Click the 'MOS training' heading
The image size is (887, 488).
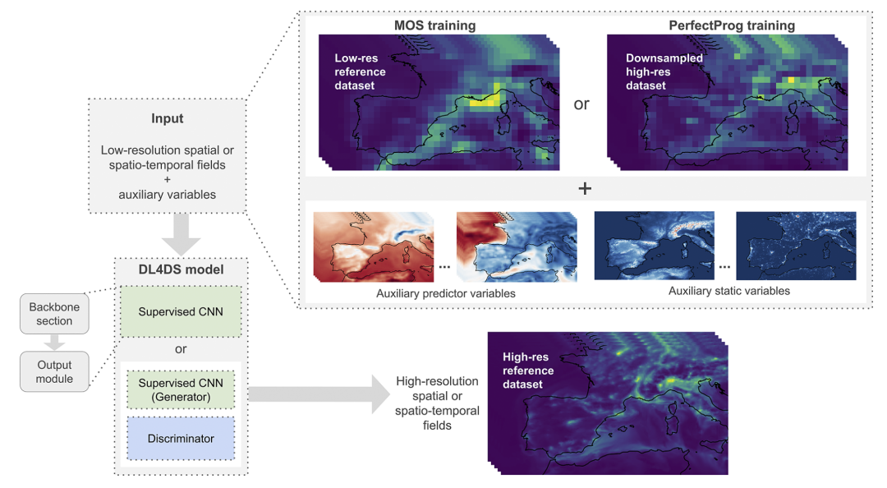coord(434,25)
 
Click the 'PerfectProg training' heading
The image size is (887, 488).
coord(732,25)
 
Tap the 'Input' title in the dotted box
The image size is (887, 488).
coord(167,119)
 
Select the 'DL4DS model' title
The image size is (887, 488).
coord(181,269)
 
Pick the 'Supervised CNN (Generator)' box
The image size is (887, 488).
coord(181,389)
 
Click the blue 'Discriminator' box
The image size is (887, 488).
coord(181,439)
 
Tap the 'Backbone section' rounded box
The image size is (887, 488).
coord(54,314)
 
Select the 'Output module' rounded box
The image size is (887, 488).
coord(54,371)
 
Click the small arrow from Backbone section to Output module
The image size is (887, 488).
coord(54,342)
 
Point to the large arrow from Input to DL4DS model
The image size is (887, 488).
coord(181,234)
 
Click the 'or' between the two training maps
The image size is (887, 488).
coord(581,104)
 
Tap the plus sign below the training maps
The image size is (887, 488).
coord(585,188)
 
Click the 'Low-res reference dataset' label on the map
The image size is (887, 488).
coord(360,71)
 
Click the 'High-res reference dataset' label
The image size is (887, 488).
coord(528,371)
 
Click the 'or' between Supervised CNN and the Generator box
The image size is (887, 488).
coord(181,348)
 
